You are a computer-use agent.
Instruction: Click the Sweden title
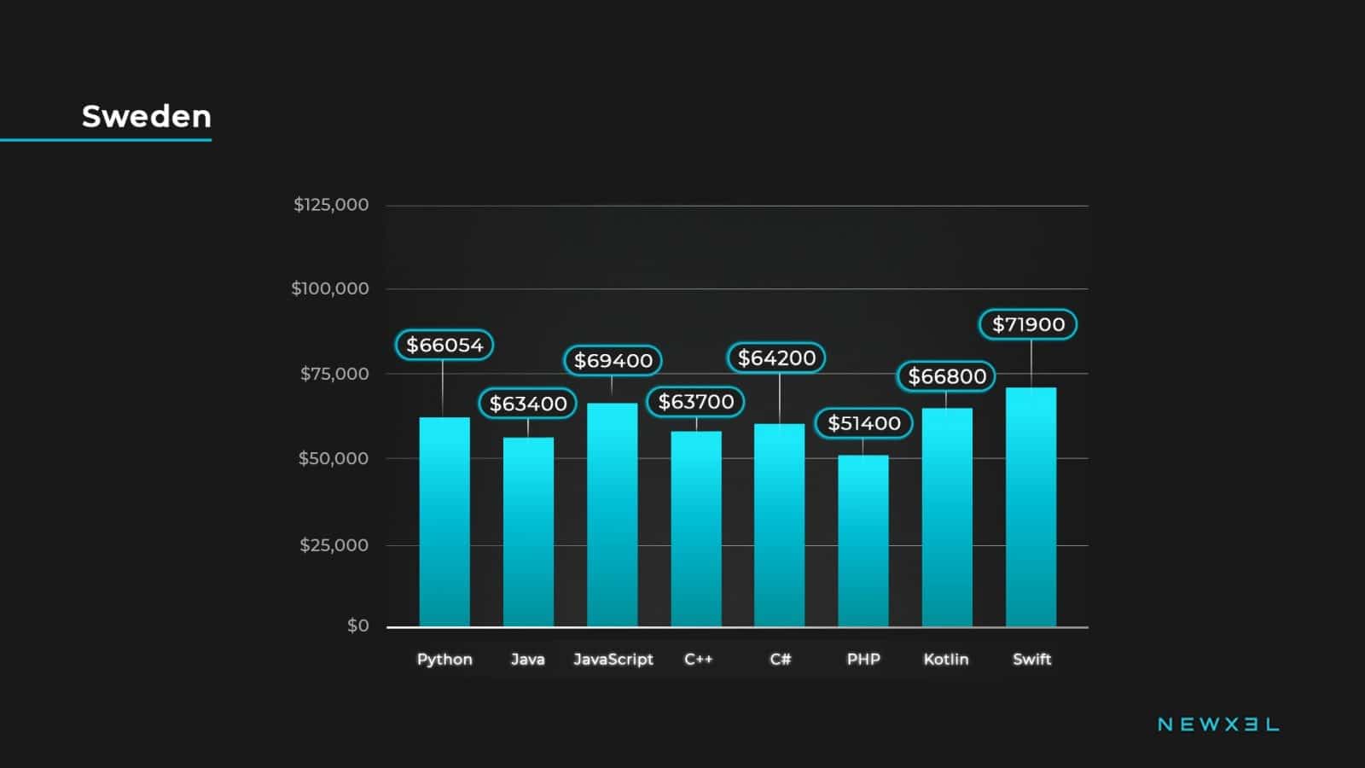(146, 116)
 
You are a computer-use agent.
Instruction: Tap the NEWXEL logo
(1217, 724)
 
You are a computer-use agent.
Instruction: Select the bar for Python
(444, 522)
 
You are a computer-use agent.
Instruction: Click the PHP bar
(863, 541)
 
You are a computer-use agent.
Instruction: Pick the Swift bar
(1031, 508)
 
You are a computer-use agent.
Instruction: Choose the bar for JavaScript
(612, 515)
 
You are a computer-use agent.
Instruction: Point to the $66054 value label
(444, 345)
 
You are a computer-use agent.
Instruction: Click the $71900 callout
(1028, 324)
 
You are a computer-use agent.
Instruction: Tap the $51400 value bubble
(863, 423)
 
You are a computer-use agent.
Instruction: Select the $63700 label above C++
(695, 402)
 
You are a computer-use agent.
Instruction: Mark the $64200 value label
(776, 358)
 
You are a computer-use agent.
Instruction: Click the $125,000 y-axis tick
(331, 205)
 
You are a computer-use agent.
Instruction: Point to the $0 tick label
(357, 625)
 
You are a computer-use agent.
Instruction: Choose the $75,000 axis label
(334, 374)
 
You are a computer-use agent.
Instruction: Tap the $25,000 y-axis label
(334, 545)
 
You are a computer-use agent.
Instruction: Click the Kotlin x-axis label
(945, 659)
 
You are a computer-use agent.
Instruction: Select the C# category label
(780, 659)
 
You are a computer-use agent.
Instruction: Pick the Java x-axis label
(527, 659)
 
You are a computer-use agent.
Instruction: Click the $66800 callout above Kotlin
(946, 376)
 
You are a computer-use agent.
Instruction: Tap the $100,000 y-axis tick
(330, 288)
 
